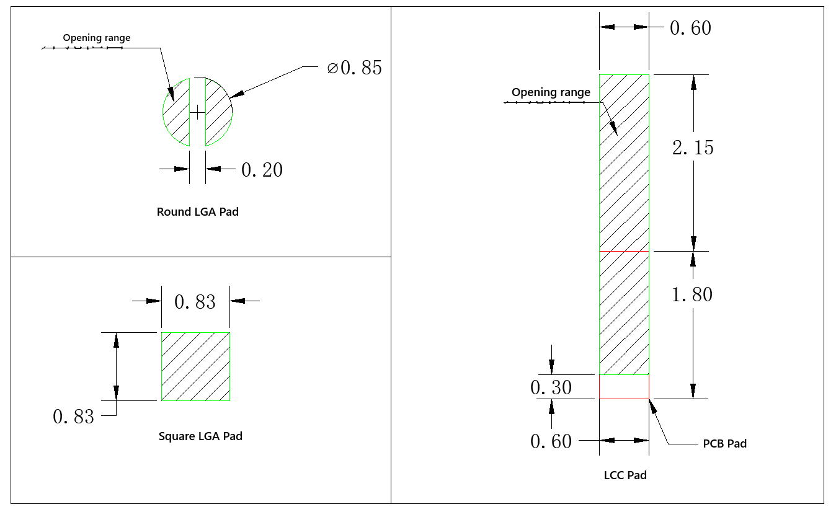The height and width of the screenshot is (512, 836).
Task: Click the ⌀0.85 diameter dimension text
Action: [354, 68]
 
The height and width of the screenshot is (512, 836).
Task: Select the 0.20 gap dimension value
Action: [262, 170]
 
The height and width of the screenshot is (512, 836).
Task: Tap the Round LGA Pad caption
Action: [197, 212]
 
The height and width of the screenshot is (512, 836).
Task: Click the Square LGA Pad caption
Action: [200, 436]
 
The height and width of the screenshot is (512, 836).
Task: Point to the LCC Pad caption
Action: [625, 475]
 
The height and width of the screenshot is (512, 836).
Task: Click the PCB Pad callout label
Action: [725, 443]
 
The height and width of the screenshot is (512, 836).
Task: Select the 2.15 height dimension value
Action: [693, 148]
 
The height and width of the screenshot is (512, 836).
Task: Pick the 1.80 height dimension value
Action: [692, 294]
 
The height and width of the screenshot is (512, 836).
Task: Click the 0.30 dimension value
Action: [551, 387]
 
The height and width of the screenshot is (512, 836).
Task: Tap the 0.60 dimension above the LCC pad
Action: [690, 28]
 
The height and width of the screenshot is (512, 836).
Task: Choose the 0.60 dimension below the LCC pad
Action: [551, 441]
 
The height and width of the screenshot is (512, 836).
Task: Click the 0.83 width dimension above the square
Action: [195, 302]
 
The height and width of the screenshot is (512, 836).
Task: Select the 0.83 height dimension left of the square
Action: [73, 416]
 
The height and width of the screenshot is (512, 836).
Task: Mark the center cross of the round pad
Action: [197, 112]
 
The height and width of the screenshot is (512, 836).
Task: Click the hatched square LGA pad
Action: [195, 366]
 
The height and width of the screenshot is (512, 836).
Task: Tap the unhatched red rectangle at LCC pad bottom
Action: [624, 387]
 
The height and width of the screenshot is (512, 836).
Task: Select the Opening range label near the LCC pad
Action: [551, 92]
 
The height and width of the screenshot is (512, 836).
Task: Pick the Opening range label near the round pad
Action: [97, 38]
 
